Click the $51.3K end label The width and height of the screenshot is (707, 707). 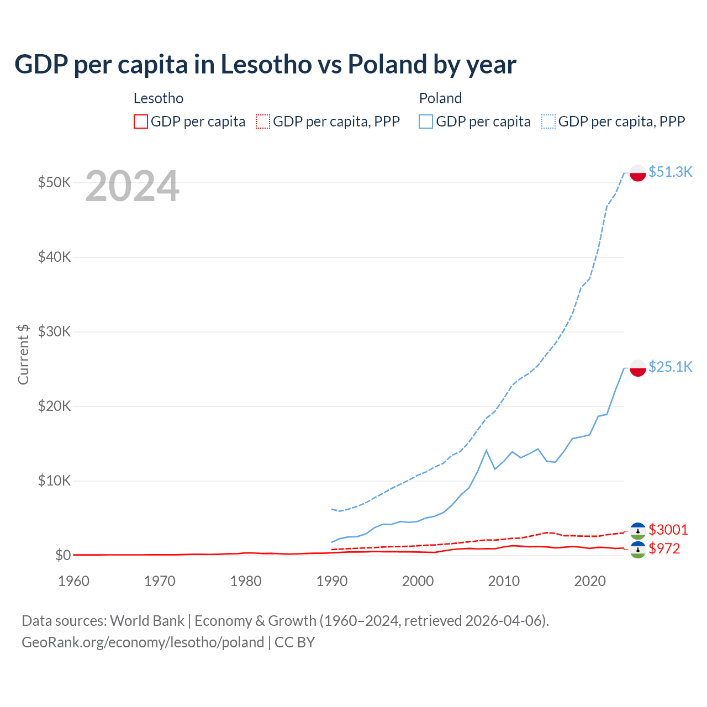pos(670,172)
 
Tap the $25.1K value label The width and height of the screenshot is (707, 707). pos(670,367)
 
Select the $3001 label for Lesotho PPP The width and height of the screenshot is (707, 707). pos(668,530)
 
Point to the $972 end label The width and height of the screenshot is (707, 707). pos(664,548)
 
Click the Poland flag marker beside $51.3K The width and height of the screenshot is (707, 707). pos(638,173)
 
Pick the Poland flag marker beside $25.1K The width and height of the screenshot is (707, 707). pos(638,368)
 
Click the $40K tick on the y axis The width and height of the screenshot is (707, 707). pos(54,257)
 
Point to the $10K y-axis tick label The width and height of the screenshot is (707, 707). pos(54,481)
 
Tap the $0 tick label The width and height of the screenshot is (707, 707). pos(63,555)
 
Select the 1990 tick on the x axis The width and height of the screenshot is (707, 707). pos(332,581)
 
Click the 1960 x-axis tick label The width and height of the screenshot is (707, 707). pos(73,581)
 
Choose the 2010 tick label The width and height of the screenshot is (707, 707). pos(504,581)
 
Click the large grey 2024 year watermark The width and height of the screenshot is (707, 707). pos(132,187)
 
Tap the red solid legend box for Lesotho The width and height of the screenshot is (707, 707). pos(141,122)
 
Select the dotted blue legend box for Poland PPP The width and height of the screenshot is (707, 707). pos(548,122)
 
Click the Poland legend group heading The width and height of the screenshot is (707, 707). pos(440,98)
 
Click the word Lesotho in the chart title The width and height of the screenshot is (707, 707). pos(266,64)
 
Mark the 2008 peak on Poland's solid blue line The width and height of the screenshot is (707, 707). pos(486,451)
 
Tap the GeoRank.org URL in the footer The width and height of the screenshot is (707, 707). pos(143,642)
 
